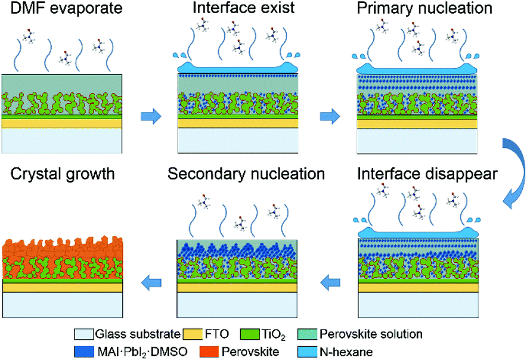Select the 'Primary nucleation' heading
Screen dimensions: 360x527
point(417,10)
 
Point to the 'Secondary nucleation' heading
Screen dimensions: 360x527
point(246,175)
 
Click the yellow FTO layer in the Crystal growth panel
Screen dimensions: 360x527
point(63,288)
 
